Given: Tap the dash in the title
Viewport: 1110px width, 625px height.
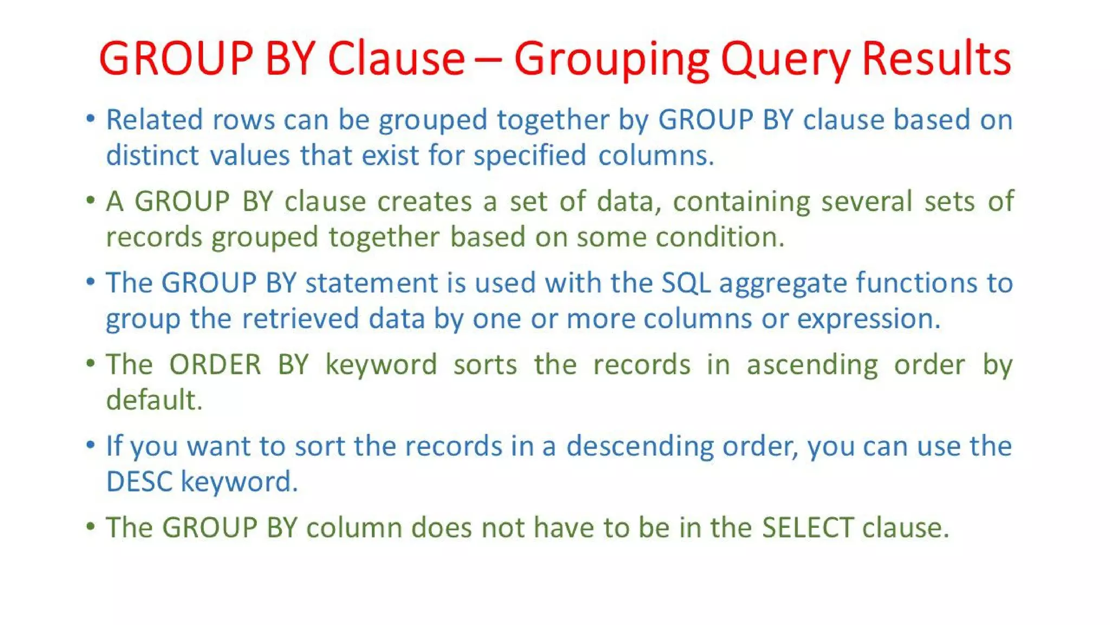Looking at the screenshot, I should coord(489,60).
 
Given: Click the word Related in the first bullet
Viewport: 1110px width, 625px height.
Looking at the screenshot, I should coord(154,119).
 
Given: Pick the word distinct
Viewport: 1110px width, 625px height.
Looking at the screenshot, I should coord(153,155).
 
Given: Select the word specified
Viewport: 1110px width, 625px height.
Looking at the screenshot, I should coord(530,156).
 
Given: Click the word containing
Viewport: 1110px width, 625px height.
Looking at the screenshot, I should coord(741,202).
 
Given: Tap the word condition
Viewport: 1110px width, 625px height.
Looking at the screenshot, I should coord(720,237).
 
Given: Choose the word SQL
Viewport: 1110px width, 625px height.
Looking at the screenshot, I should coord(686,283).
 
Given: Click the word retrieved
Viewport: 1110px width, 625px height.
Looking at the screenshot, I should coord(300,318).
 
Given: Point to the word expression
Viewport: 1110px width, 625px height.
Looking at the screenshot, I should coord(868,320).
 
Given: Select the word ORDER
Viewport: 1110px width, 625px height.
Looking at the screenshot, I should coord(215,364).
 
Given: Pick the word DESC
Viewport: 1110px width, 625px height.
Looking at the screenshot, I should coord(139,482).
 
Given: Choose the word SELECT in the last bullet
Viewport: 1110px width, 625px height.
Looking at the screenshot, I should coord(808,527).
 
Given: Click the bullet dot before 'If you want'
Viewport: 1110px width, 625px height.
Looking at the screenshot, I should coord(91,445).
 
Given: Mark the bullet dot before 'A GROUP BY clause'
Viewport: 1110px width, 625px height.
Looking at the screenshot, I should coord(91,201).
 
